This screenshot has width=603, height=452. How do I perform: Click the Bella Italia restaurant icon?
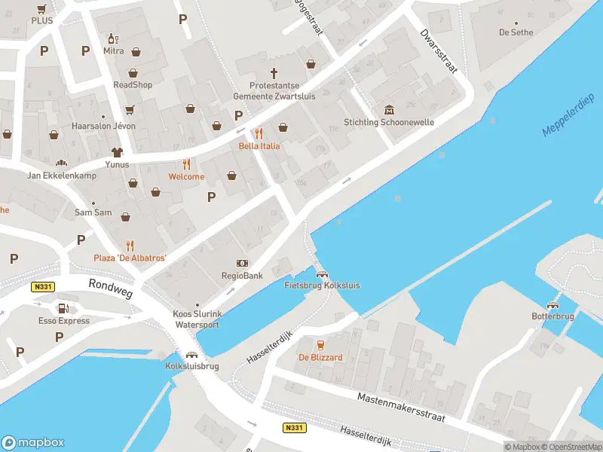pyautogui.click(x=259, y=133)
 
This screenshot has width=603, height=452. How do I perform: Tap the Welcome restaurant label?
pyautogui.click(x=186, y=177)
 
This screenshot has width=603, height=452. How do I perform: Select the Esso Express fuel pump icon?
pyautogui.click(x=63, y=308)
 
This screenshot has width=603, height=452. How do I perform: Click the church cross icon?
pyautogui.click(x=274, y=74)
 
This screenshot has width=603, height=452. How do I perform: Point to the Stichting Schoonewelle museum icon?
pyautogui.click(x=389, y=110)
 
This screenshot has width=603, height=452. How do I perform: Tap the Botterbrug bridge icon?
pyautogui.click(x=553, y=305)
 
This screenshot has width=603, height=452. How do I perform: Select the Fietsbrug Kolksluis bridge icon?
pyautogui.click(x=322, y=274)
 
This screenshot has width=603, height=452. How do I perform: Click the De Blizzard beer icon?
pyautogui.click(x=320, y=344)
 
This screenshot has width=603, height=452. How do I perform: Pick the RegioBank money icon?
pyautogui.click(x=243, y=263)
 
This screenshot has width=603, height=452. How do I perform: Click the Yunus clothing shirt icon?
pyautogui.click(x=117, y=152)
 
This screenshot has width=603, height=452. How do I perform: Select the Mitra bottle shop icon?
pyautogui.click(x=113, y=38)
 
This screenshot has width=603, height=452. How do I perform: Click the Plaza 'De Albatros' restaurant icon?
pyautogui.click(x=130, y=245)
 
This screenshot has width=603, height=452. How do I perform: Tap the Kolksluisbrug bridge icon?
pyautogui.click(x=191, y=354)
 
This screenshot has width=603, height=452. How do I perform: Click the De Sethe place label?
pyautogui.click(x=516, y=32)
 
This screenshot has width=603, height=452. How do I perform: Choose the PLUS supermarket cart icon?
pyautogui.click(x=41, y=9)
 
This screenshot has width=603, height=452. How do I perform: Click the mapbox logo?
pyautogui.click(x=33, y=443)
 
